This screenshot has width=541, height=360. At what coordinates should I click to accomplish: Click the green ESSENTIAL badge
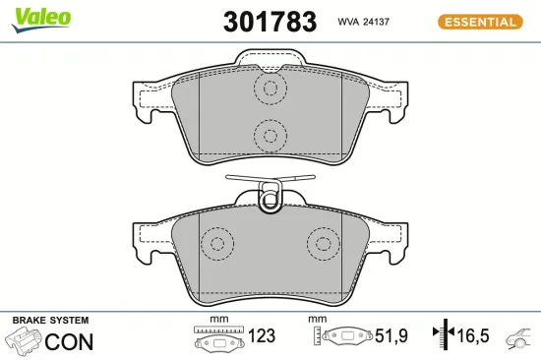point(480,21)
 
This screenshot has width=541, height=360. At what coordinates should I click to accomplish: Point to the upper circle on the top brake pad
point(268,89)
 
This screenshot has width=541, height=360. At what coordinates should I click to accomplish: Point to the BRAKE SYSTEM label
point(50,321)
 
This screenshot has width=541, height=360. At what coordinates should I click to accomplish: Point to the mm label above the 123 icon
point(218,321)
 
